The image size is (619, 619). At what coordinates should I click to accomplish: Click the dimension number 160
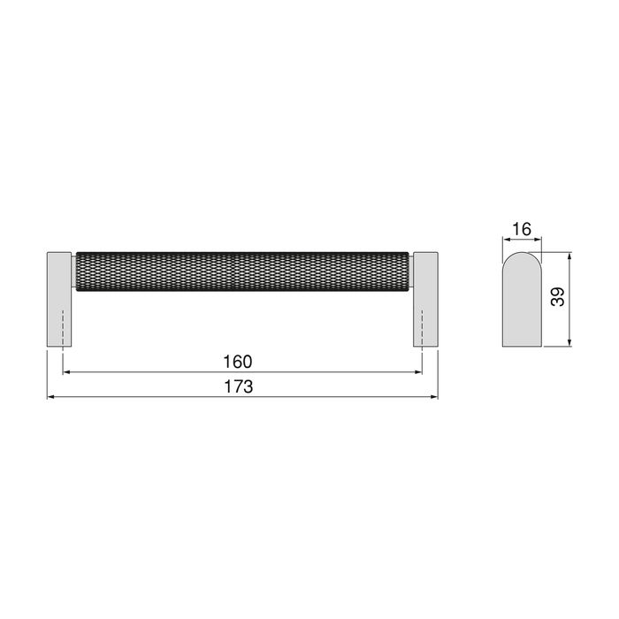click(x=239, y=362)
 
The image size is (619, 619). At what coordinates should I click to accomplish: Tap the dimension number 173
click(x=239, y=386)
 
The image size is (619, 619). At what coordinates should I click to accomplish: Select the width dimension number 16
click(x=521, y=229)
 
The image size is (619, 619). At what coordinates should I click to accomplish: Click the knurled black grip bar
click(x=243, y=270)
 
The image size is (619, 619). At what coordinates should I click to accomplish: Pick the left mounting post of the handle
click(x=60, y=299)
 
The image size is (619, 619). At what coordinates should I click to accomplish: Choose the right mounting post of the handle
click(x=424, y=299)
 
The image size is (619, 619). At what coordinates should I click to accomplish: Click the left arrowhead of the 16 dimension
click(x=506, y=240)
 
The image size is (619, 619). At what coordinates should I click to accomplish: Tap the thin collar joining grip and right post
click(x=411, y=270)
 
